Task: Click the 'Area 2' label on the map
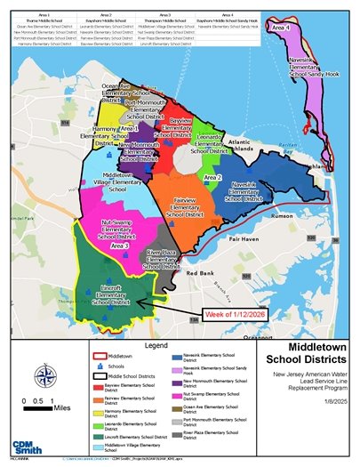point(212,178)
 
